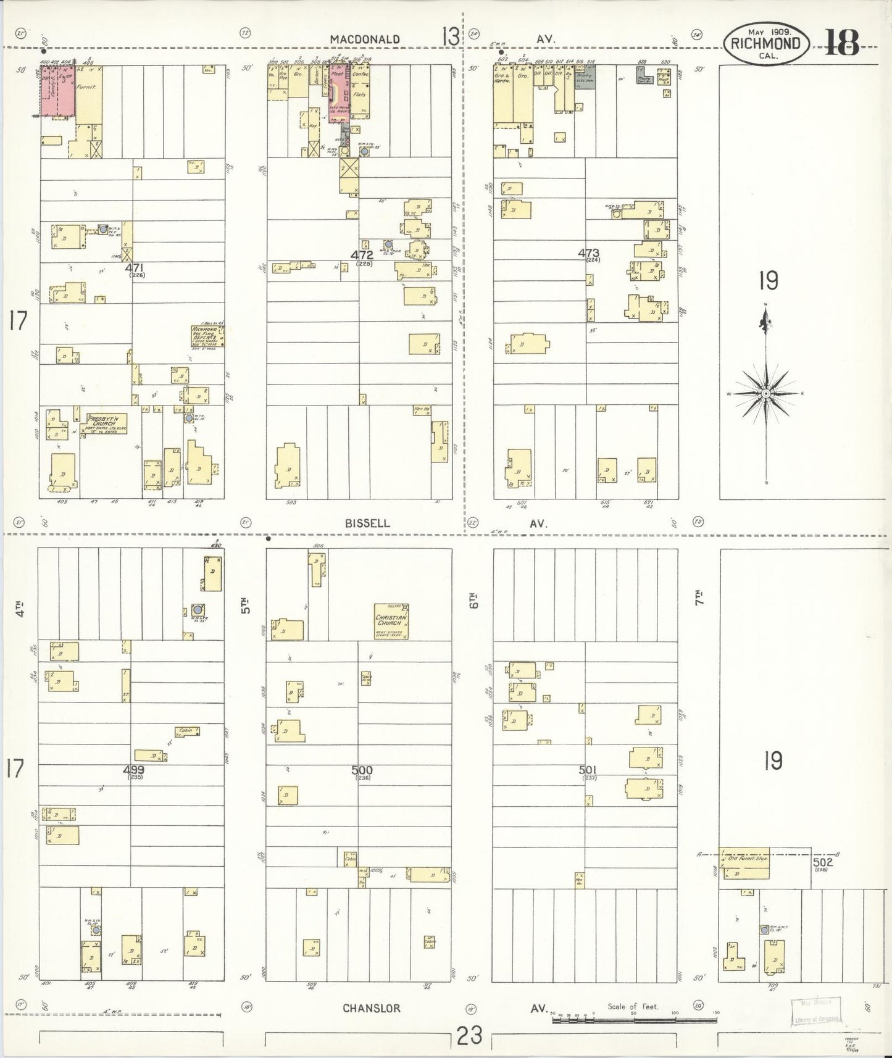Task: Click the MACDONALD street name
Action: (x=364, y=39)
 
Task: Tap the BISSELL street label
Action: (x=367, y=523)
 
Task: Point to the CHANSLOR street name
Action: (x=371, y=1008)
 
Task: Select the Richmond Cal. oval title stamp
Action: (x=765, y=43)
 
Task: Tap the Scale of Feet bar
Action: (x=635, y=1014)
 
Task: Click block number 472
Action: (x=362, y=254)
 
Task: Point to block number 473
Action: (x=588, y=252)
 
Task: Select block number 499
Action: (x=134, y=770)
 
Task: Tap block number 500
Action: (x=362, y=770)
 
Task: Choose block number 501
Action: (x=589, y=770)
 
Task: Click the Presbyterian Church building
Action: (x=105, y=423)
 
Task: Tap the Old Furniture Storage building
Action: (x=747, y=862)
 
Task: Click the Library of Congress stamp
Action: (x=817, y=1013)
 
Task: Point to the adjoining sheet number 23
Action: (x=470, y=1036)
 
